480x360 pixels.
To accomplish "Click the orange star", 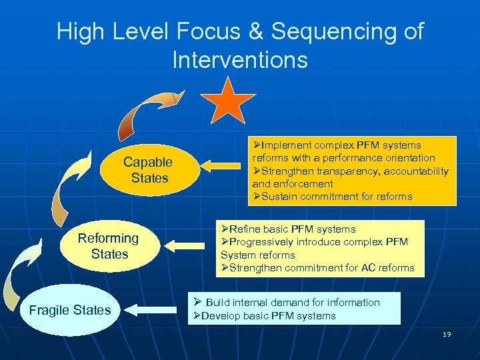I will point(229,101).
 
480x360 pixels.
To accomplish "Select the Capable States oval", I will point(147,170).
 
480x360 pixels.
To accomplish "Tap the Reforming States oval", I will point(108,246).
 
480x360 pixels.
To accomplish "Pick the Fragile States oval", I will point(70,310).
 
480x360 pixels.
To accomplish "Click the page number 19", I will point(447,334).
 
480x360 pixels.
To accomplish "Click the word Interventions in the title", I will point(240,61).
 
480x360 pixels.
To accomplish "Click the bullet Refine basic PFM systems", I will point(288,229).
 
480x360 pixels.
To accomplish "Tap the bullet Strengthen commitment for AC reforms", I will point(317,268).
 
